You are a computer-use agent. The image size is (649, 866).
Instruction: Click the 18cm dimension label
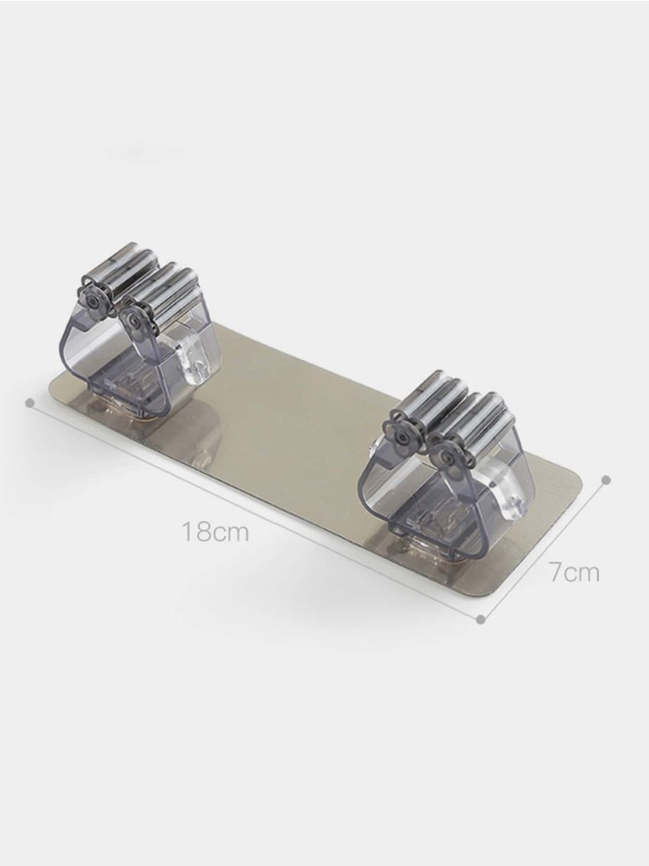coord(215,531)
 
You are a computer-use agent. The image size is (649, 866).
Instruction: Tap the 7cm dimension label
coord(574,572)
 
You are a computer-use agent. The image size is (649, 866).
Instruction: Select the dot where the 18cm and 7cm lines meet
coord(481,619)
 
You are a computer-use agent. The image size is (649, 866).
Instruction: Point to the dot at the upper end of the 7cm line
coord(606,480)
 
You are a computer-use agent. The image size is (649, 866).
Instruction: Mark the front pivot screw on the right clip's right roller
coord(445,457)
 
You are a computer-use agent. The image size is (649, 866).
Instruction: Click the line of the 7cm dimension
coord(544,550)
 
